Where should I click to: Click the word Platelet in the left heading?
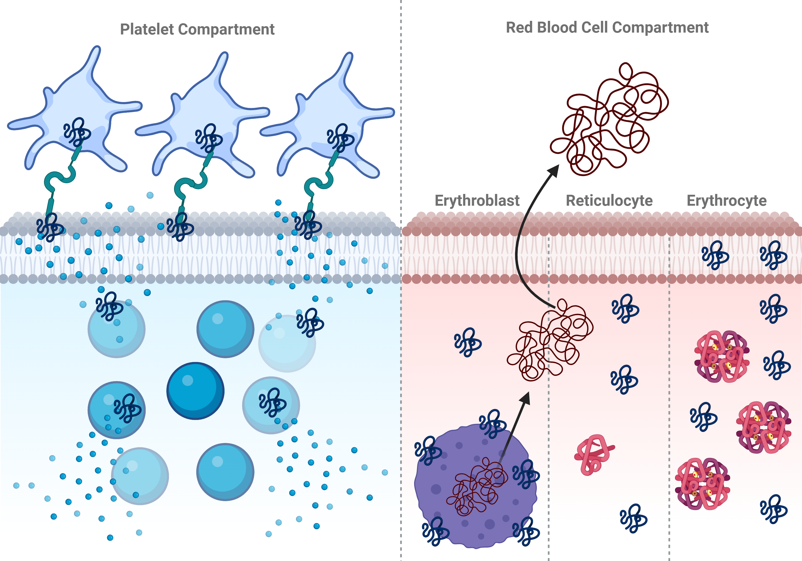click(x=147, y=29)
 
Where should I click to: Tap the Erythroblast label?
click(x=477, y=201)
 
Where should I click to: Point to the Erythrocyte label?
click(x=727, y=201)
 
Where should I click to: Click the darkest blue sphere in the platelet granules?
click(x=195, y=391)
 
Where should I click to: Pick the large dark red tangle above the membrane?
click(x=610, y=119)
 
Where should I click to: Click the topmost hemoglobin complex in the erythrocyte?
click(x=722, y=356)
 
